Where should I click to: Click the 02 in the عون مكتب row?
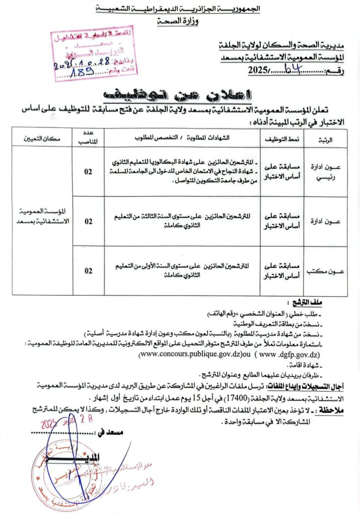(88, 271)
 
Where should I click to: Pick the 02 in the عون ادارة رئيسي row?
(88, 172)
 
